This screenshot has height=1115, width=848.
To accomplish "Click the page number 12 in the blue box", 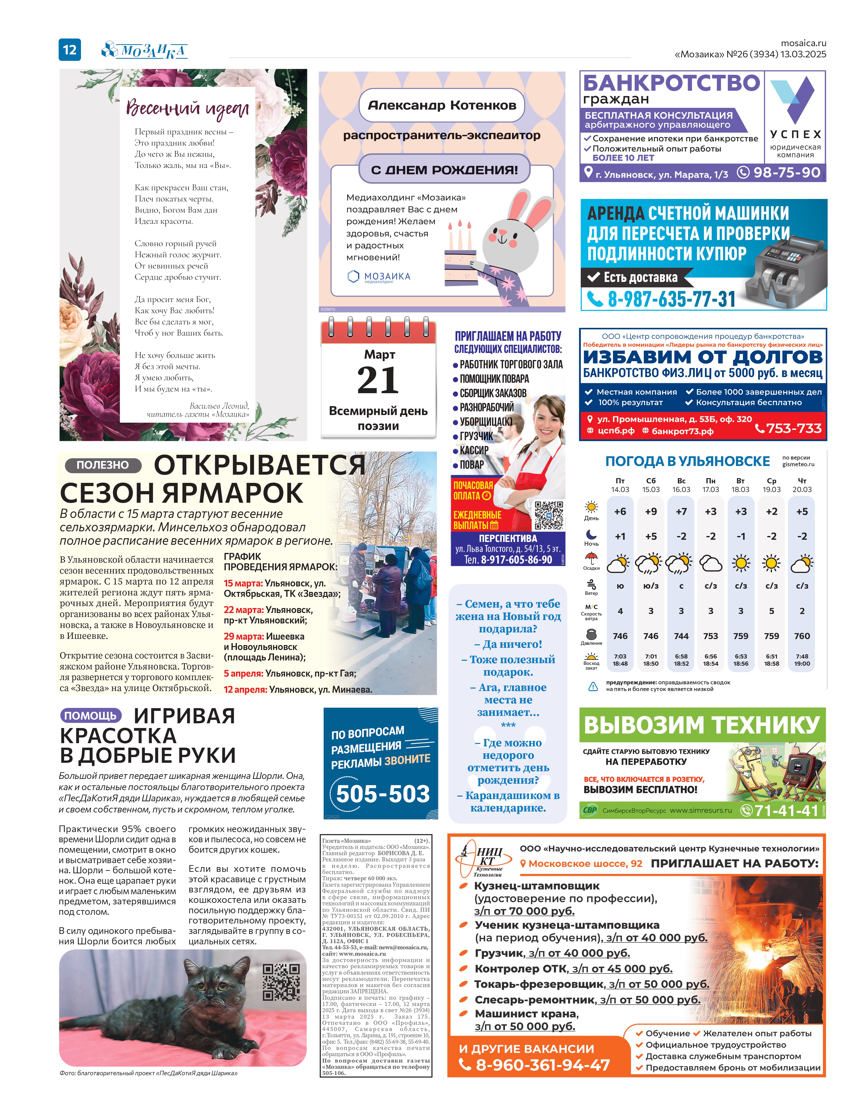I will pos(70,49).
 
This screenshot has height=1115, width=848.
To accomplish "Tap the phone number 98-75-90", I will pos(786,173).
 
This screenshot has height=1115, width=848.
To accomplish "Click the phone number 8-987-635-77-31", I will pos(671,299).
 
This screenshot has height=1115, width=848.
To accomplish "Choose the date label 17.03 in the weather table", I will pos(711,490).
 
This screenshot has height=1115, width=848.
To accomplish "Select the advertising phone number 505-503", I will pos(383,794).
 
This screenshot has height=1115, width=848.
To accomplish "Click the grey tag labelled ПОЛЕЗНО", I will pos(103,465).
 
